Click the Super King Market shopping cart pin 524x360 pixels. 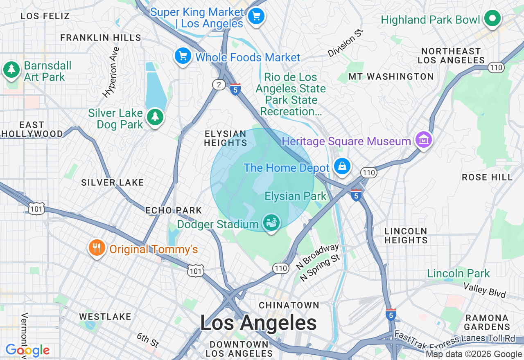(256, 17)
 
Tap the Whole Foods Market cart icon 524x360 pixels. (183, 56)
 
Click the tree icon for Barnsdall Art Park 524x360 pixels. (11, 70)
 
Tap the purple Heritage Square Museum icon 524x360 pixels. (424, 140)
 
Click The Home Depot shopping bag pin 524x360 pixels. (342, 166)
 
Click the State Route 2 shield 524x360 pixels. (219, 85)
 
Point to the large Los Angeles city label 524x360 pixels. (258, 323)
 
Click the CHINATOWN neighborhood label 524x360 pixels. (289, 305)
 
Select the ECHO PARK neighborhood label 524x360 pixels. (174, 210)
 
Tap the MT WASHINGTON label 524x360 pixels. (391, 76)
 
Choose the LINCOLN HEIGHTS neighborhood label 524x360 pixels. (406, 236)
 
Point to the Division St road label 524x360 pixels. (346, 43)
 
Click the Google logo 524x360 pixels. (27, 351)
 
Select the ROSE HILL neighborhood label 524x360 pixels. (487, 177)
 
